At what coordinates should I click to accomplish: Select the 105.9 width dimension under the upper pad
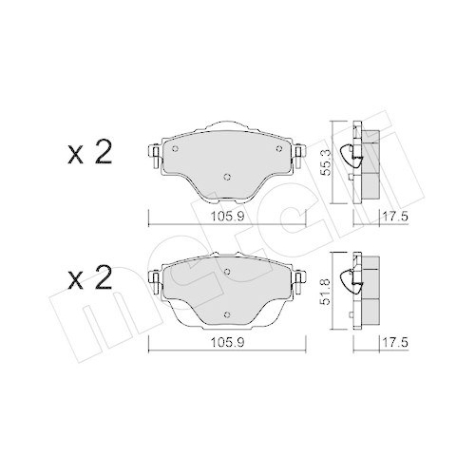coord(224,215)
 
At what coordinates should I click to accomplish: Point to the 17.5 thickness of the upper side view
coord(384,215)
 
